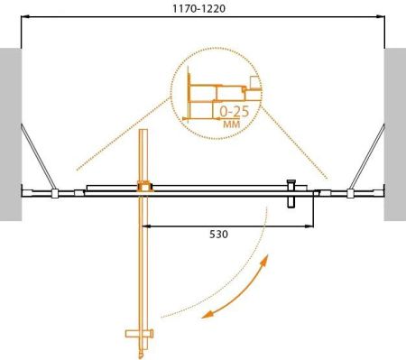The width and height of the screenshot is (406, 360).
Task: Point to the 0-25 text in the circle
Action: tap(235, 110)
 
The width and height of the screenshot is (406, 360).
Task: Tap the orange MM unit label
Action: tap(232, 125)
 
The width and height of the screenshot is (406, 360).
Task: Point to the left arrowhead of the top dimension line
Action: tap(25, 18)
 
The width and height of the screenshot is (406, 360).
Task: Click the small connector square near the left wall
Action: tap(55, 192)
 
